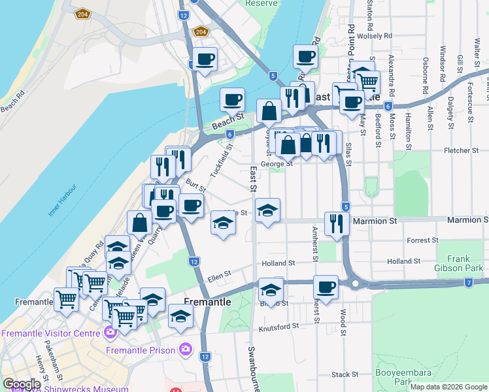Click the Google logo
(21, 385)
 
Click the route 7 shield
(469, 283)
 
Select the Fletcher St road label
(462, 150)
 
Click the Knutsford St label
(278, 325)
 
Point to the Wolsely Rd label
(375, 36)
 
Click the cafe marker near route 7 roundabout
(325, 286)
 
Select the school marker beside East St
(267, 210)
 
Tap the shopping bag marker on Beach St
(269, 111)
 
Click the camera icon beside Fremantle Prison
(186, 350)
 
